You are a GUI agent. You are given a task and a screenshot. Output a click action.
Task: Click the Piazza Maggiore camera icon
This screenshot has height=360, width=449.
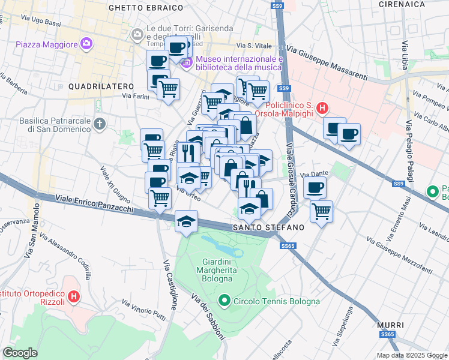coord(86,43)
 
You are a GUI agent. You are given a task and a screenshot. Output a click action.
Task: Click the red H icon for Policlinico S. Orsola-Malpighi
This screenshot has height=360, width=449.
coord(322,109)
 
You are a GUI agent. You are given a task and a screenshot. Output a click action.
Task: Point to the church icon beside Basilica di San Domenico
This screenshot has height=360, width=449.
coord(100,124)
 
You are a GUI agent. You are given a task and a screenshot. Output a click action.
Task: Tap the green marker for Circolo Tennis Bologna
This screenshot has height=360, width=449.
coord(224,301)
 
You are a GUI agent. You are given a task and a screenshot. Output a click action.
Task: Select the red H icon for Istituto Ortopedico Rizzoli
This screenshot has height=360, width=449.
coord(74,296)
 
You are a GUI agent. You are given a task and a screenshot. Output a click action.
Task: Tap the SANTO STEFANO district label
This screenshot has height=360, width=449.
coord(268,228)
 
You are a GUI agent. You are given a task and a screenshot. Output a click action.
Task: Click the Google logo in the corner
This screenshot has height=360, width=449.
coord(20,353)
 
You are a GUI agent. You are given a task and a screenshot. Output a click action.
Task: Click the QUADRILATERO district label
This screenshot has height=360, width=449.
coord(94,86)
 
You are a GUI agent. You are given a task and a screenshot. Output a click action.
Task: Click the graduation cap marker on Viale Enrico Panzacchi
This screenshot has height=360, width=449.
coord(186,221)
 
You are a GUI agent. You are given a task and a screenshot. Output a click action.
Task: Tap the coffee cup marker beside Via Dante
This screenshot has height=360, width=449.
coord(314,188)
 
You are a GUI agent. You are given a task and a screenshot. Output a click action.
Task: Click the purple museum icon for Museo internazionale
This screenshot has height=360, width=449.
coord(187,62)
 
